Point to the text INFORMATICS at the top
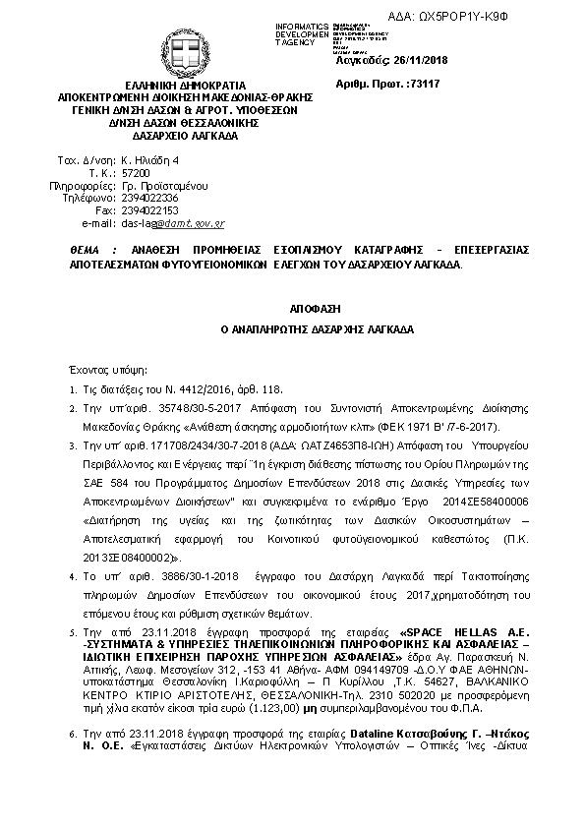[x=302, y=25]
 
